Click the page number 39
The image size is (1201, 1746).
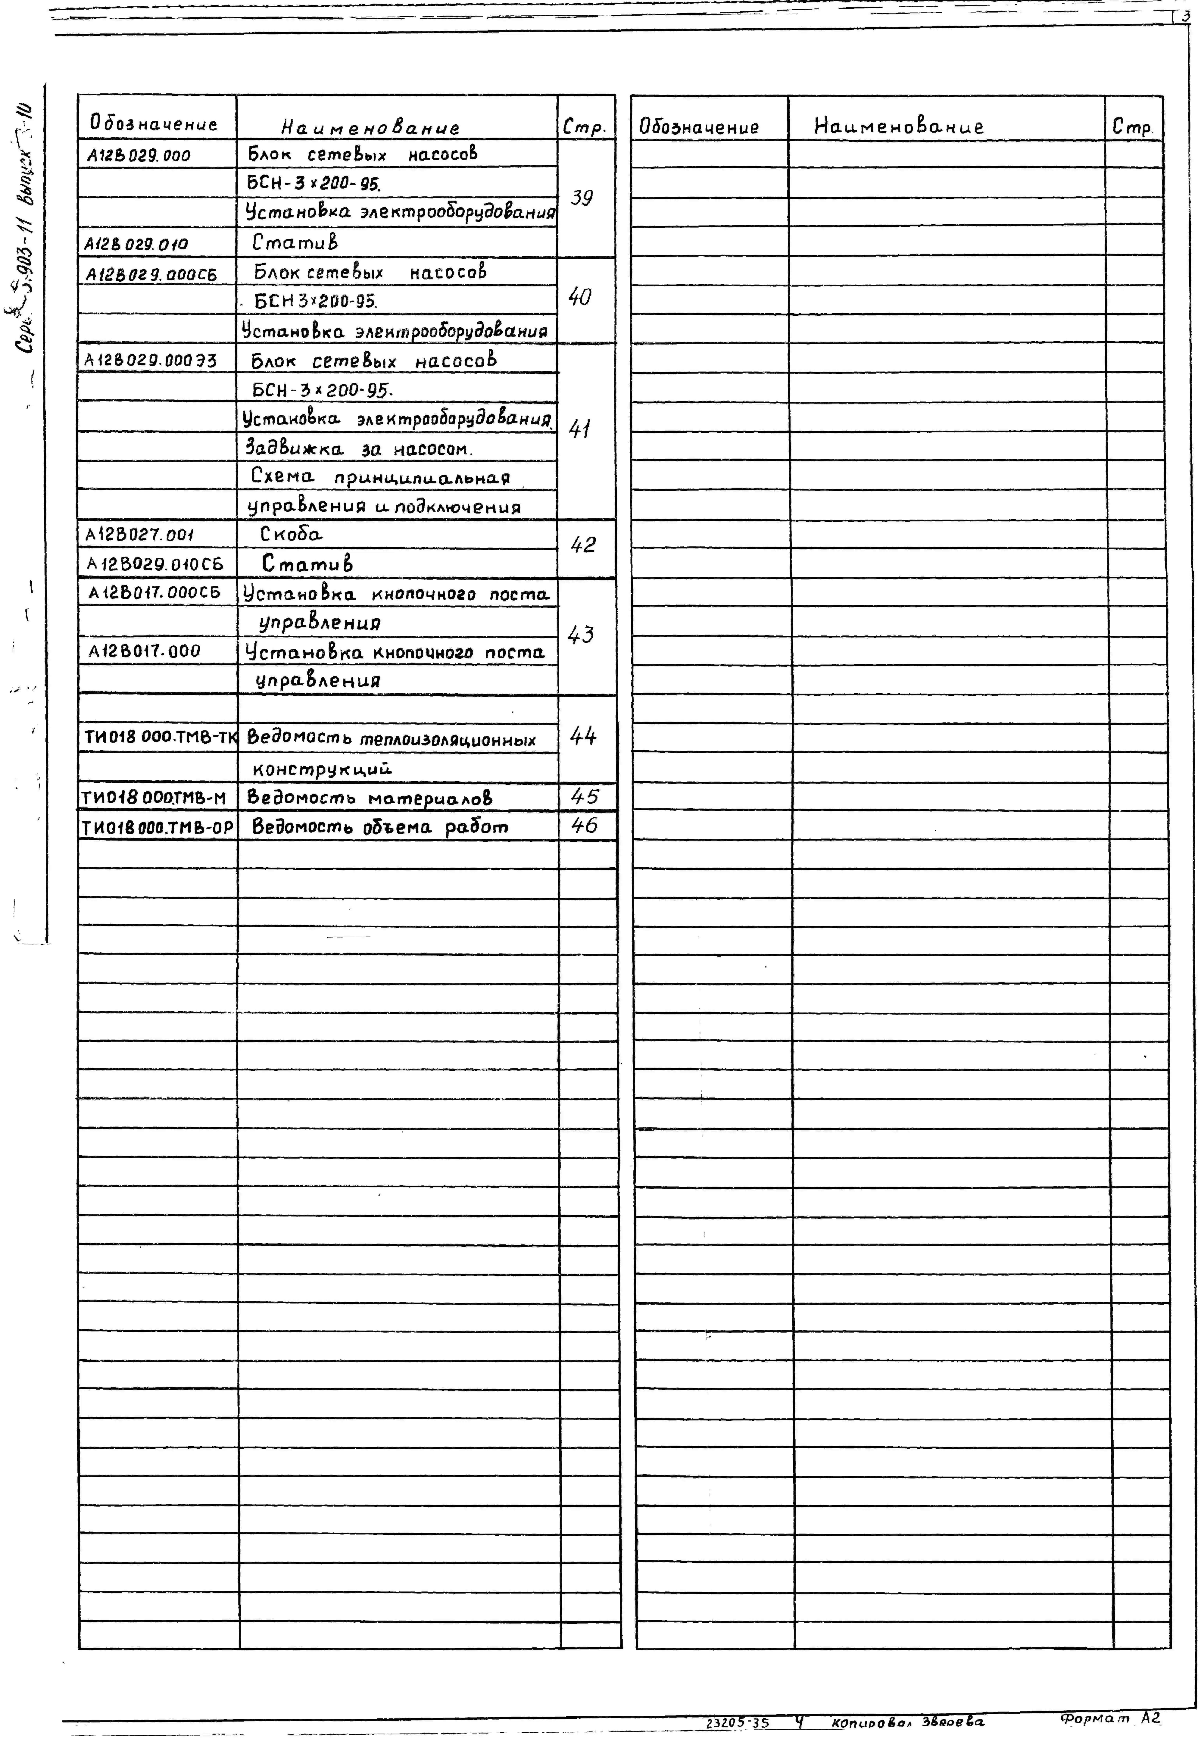pos(582,198)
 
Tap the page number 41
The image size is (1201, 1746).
pos(579,429)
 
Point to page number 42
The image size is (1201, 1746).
pos(583,545)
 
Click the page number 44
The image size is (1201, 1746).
pos(583,736)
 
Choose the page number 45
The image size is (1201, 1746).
pos(585,797)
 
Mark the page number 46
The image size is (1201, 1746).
pos(585,826)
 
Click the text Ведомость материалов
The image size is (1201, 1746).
pos(369,797)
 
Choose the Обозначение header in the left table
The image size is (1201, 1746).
pos(153,123)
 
